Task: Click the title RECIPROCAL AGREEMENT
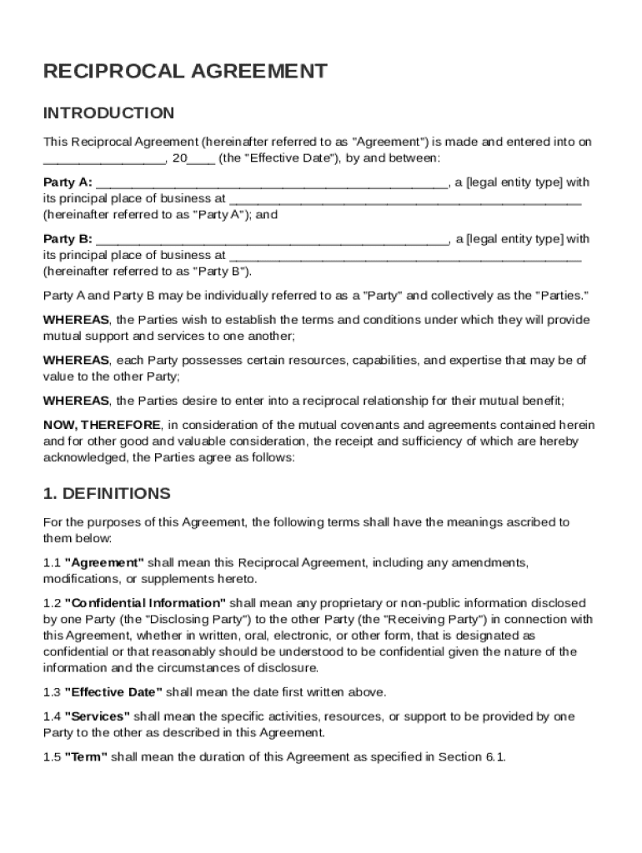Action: click(x=185, y=72)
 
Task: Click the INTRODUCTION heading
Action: click(x=108, y=113)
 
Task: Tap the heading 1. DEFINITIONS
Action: click(x=107, y=493)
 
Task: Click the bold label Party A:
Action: click(x=68, y=182)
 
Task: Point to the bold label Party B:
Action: click(x=68, y=239)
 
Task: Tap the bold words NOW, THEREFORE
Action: click(x=101, y=425)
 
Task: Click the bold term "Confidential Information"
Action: click(x=145, y=602)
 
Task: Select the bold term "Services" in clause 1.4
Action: click(x=97, y=716)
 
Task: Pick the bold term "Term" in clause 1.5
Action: click(x=86, y=757)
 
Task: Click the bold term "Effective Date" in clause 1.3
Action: click(x=113, y=692)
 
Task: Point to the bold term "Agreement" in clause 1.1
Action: click(x=104, y=563)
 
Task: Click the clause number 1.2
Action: click(x=52, y=602)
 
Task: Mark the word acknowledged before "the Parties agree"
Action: click(x=85, y=457)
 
